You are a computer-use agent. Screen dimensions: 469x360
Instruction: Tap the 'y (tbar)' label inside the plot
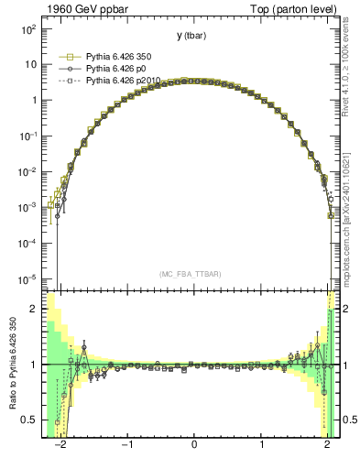tap(191, 36)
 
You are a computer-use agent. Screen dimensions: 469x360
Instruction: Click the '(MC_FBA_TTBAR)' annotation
tap(193, 274)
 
